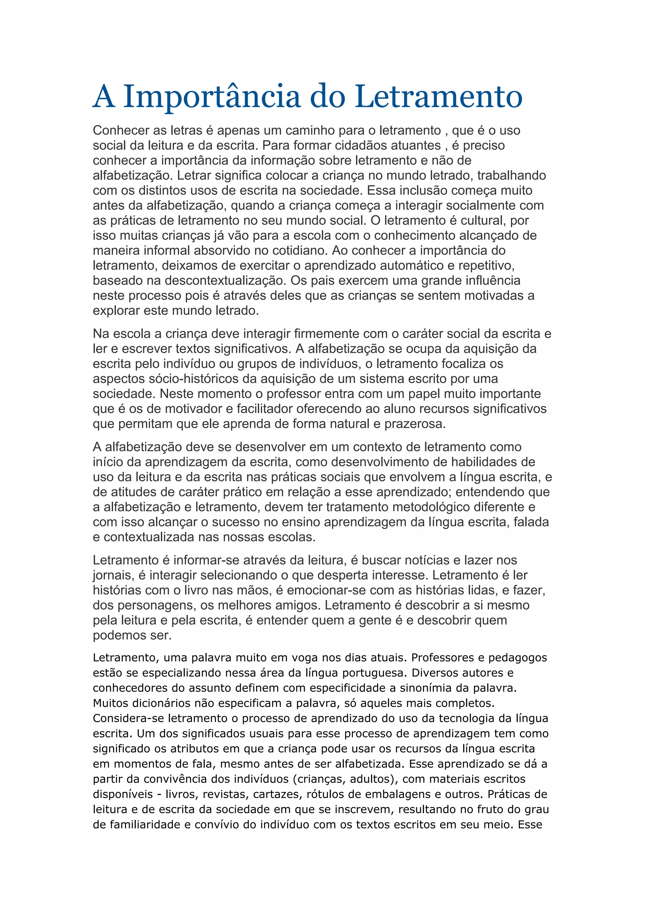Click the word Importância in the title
coord(212,97)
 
